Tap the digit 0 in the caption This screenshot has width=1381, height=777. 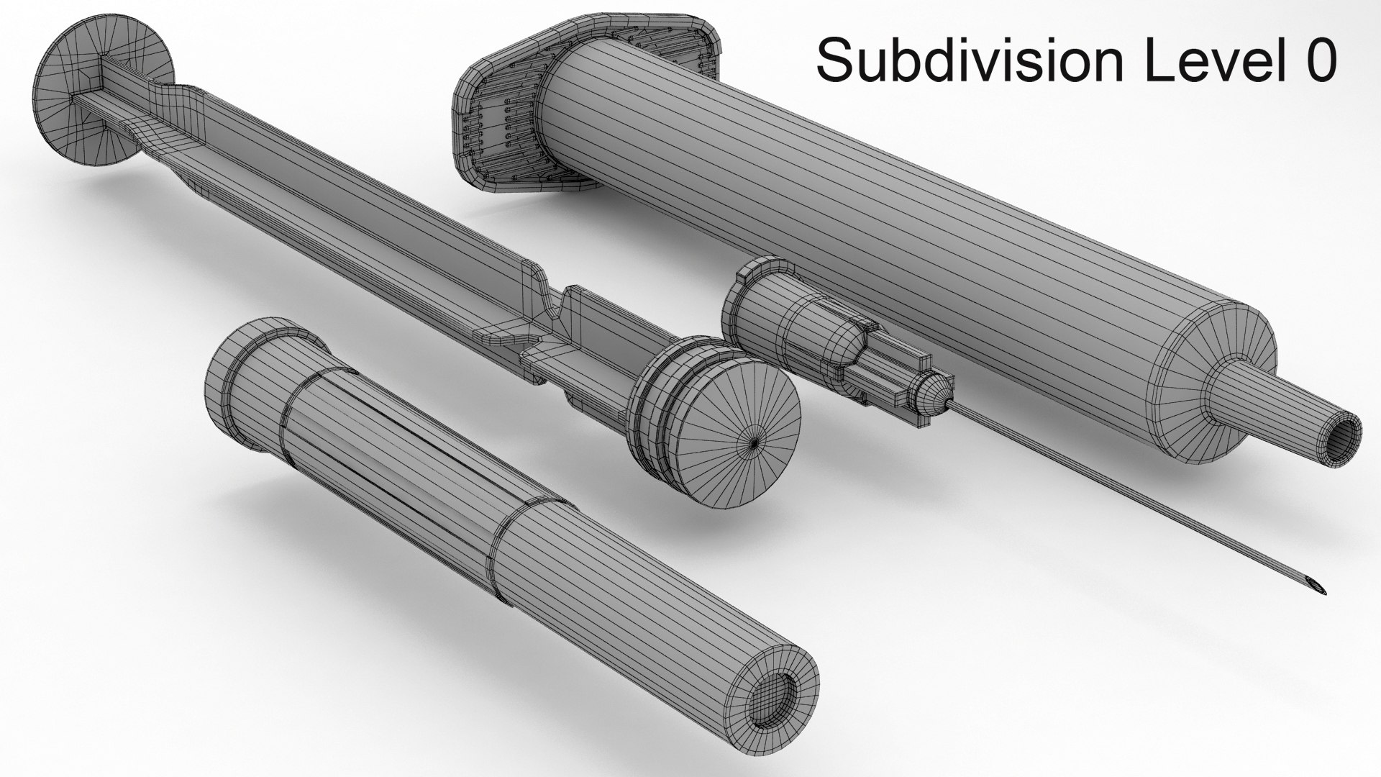click(1318, 61)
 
